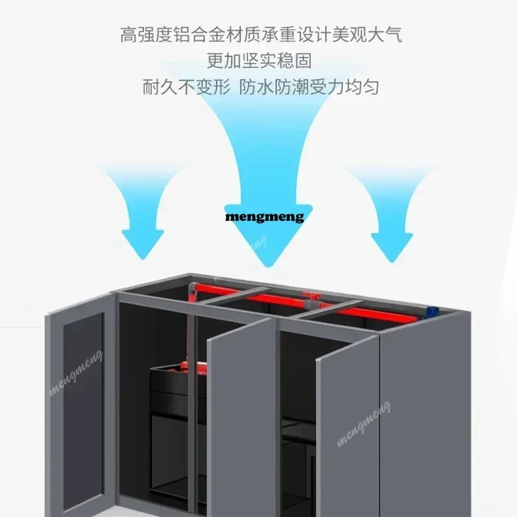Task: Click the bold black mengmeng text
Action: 264,217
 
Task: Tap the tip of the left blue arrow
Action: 143,260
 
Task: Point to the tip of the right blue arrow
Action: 392,262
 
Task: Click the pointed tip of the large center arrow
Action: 268,266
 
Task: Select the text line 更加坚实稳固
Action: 259,61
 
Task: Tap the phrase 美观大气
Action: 367,35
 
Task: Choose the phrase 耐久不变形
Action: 186,87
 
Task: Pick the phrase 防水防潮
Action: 273,87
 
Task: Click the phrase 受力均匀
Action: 344,87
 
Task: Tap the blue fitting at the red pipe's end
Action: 432,311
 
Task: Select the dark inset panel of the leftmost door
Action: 84,412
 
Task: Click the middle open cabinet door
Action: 242,417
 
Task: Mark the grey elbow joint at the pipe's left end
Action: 193,290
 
